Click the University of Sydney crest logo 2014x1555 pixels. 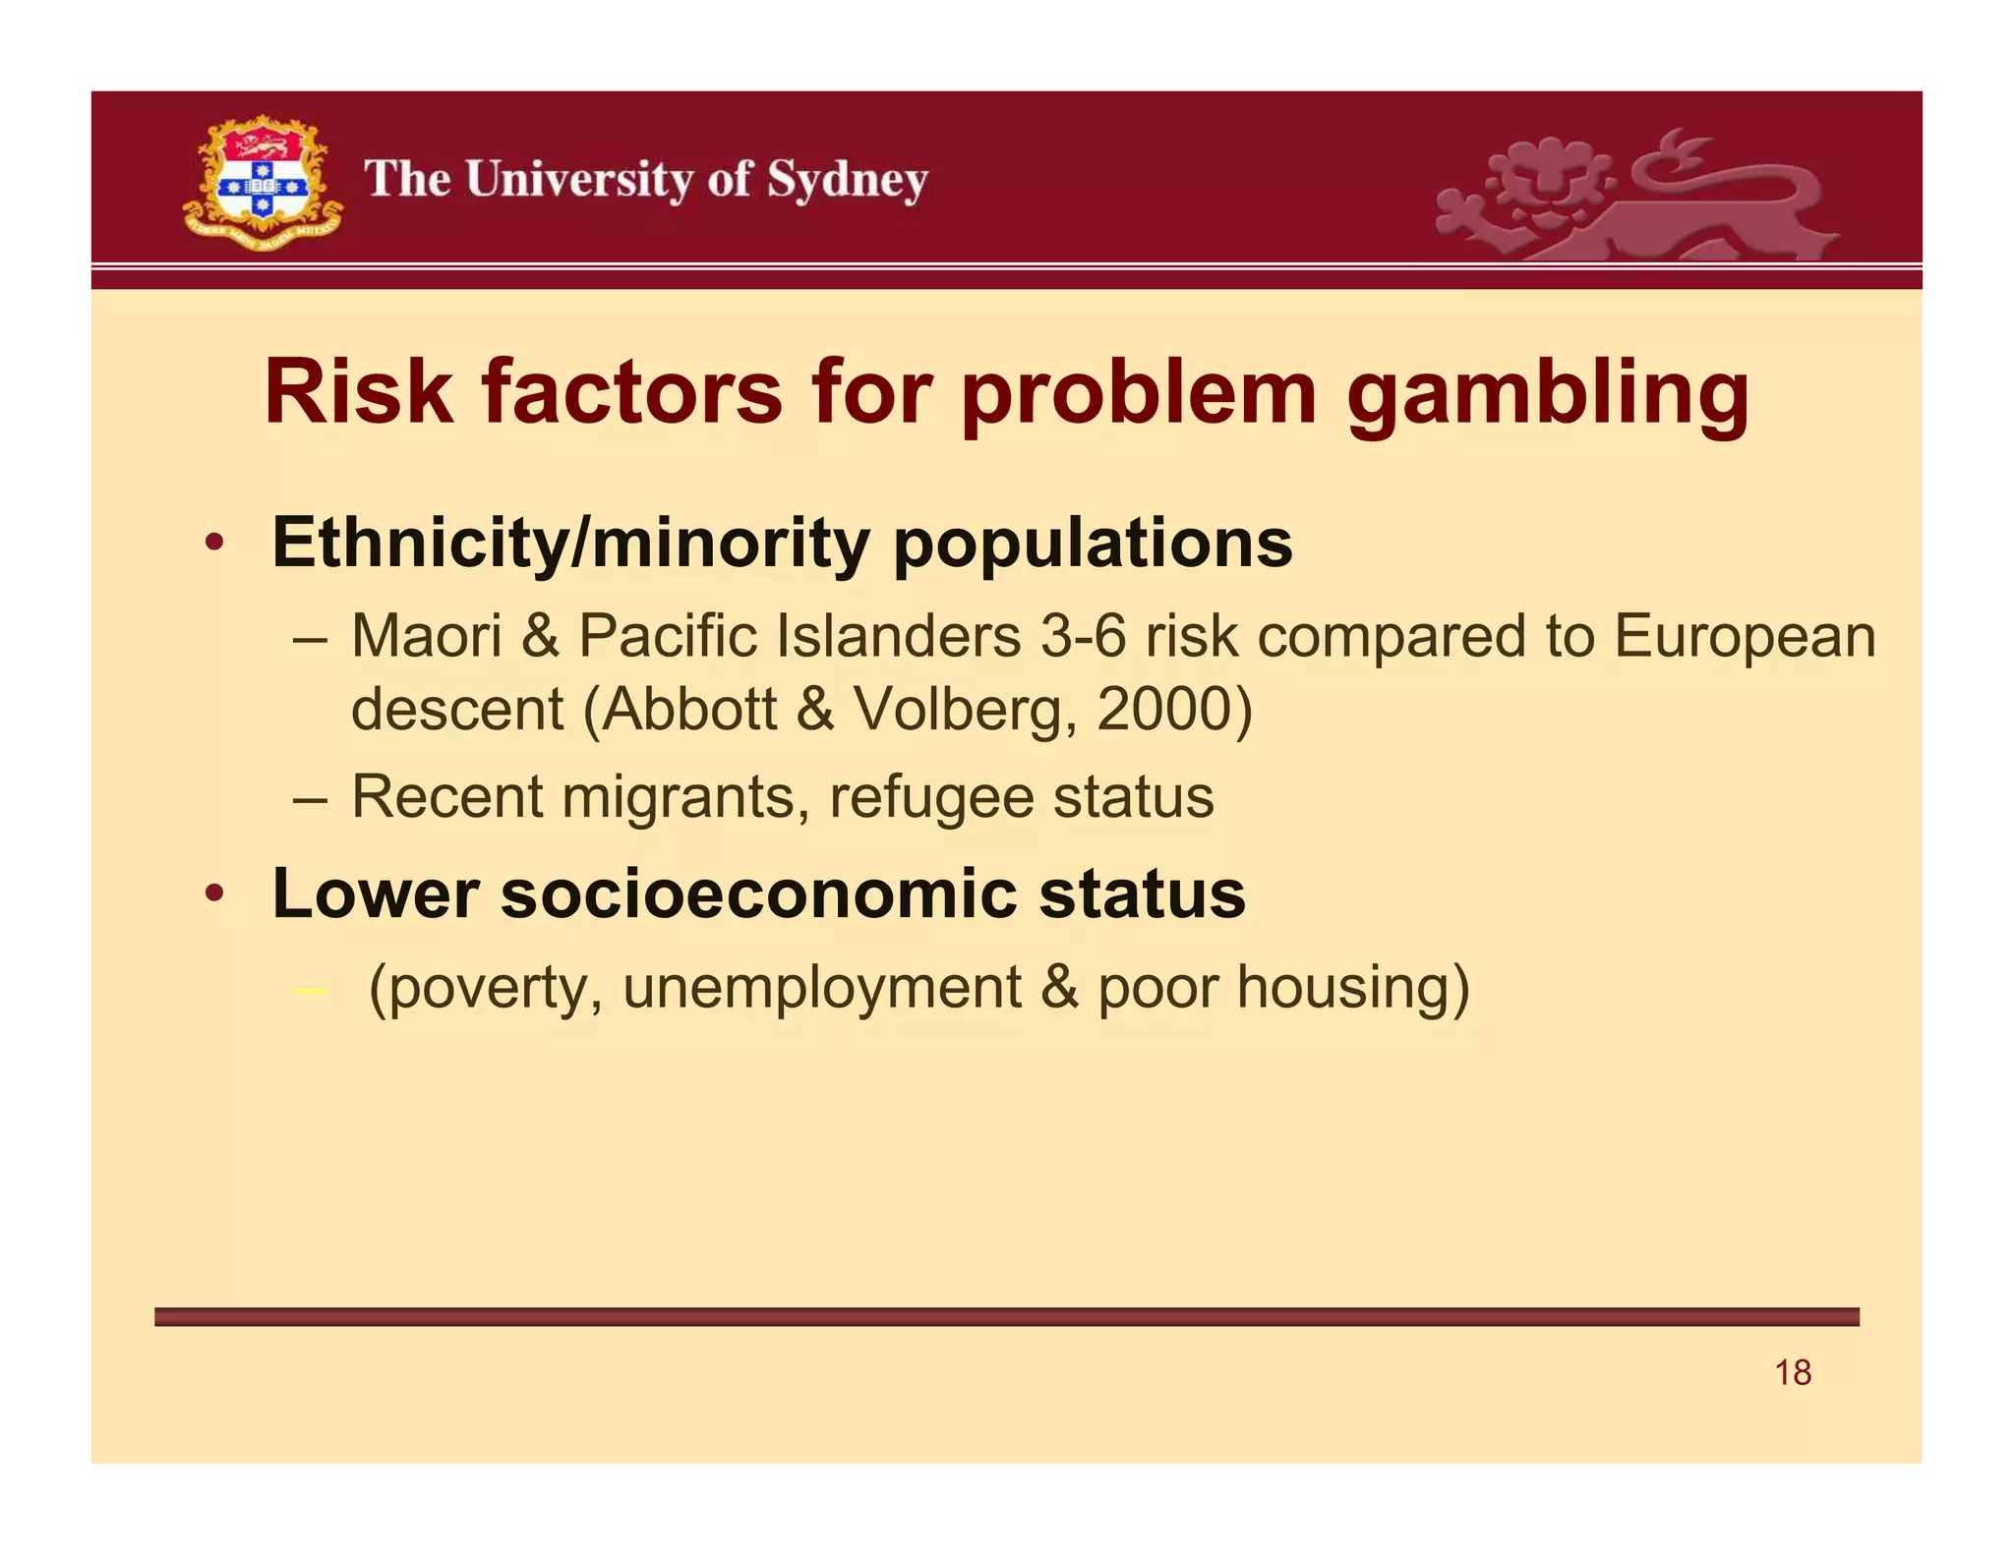[262, 183]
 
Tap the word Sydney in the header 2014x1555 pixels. [847, 181]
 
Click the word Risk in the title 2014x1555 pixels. [358, 393]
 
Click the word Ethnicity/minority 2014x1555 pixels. [570, 544]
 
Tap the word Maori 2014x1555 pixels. [426, 636]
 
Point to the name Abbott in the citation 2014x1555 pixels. [689, 709]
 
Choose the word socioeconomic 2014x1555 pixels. [758, 894]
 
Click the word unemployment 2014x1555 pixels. [821, 987]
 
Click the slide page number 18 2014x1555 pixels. [1793, 1373]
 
